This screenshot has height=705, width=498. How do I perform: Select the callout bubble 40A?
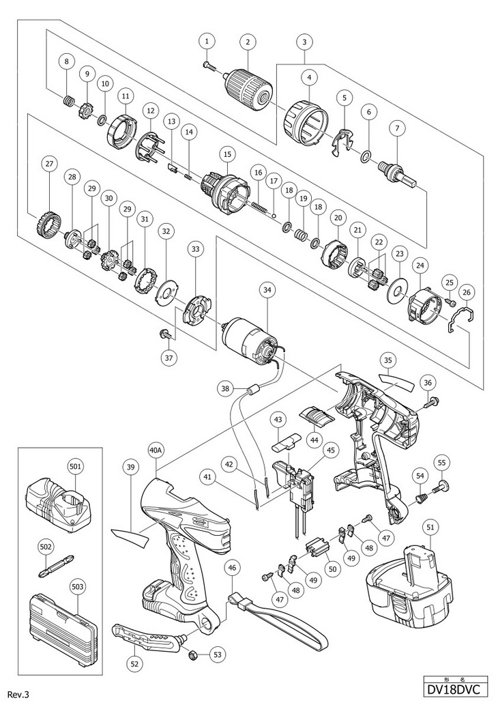(156, 450)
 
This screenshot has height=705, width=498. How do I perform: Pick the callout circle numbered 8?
(66, 62)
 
